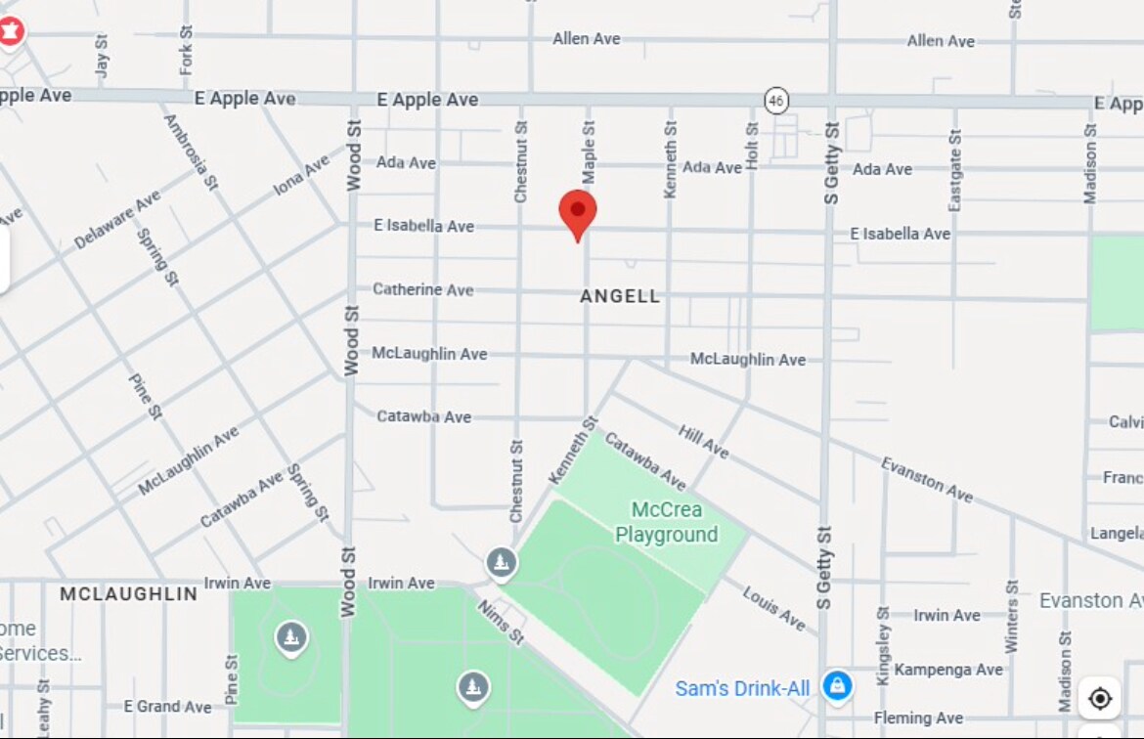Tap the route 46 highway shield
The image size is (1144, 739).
point(776,100)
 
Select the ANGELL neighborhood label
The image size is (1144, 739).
point(620,296)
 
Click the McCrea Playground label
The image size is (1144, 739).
point(667,522)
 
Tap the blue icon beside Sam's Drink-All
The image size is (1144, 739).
point(837,686)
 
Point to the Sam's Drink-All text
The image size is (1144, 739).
point(742,689)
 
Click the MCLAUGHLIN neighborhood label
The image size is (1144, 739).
point(128,593)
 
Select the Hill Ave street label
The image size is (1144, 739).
point(704,442)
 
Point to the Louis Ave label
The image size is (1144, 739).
point(773,608)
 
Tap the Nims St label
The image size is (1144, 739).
point(502,623)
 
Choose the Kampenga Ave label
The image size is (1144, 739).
point(948,670)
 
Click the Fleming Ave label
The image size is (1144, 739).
point(918,717)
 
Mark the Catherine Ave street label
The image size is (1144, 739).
point(422,289)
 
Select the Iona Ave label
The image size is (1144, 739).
point(301,176)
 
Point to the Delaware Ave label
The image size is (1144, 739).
point(116,220)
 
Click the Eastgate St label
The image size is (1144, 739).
point(955,171)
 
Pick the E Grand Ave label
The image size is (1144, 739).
point(167,706)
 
